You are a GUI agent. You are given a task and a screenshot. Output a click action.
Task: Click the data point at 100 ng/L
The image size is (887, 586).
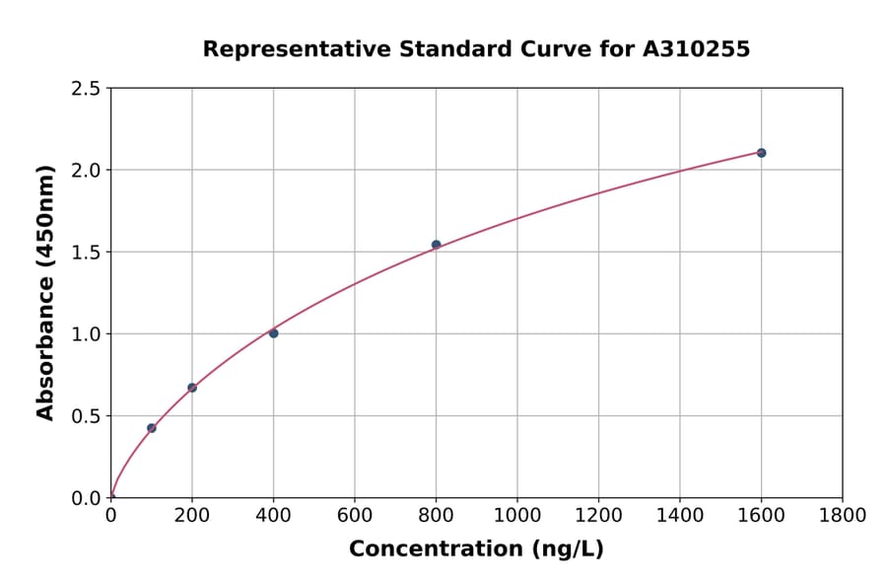(152, 428)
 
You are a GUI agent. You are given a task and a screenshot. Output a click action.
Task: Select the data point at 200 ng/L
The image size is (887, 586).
(192, 388)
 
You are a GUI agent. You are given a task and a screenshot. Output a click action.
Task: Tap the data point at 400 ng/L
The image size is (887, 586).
(274, 333)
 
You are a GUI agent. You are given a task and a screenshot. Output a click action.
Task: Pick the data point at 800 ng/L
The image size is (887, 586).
(436, 245)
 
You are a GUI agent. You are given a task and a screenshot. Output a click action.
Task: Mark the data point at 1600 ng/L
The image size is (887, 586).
(761, 153)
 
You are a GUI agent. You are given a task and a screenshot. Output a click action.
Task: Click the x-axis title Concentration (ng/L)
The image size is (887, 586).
(476, 549)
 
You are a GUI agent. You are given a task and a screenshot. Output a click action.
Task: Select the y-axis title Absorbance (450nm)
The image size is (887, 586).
(45, 292)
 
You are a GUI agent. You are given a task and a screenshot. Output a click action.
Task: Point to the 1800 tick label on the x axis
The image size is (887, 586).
(843, 515)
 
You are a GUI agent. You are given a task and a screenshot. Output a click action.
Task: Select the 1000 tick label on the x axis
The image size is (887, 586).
(517, 515)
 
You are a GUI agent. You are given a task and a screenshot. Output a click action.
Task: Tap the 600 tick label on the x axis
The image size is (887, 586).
(355, 515)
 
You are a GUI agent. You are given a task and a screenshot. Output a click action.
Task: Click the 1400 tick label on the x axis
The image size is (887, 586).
(680, 515)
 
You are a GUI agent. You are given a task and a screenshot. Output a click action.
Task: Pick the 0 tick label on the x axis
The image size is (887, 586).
(110, 515)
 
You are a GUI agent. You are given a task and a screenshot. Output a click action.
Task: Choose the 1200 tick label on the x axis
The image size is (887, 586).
(598, 515)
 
